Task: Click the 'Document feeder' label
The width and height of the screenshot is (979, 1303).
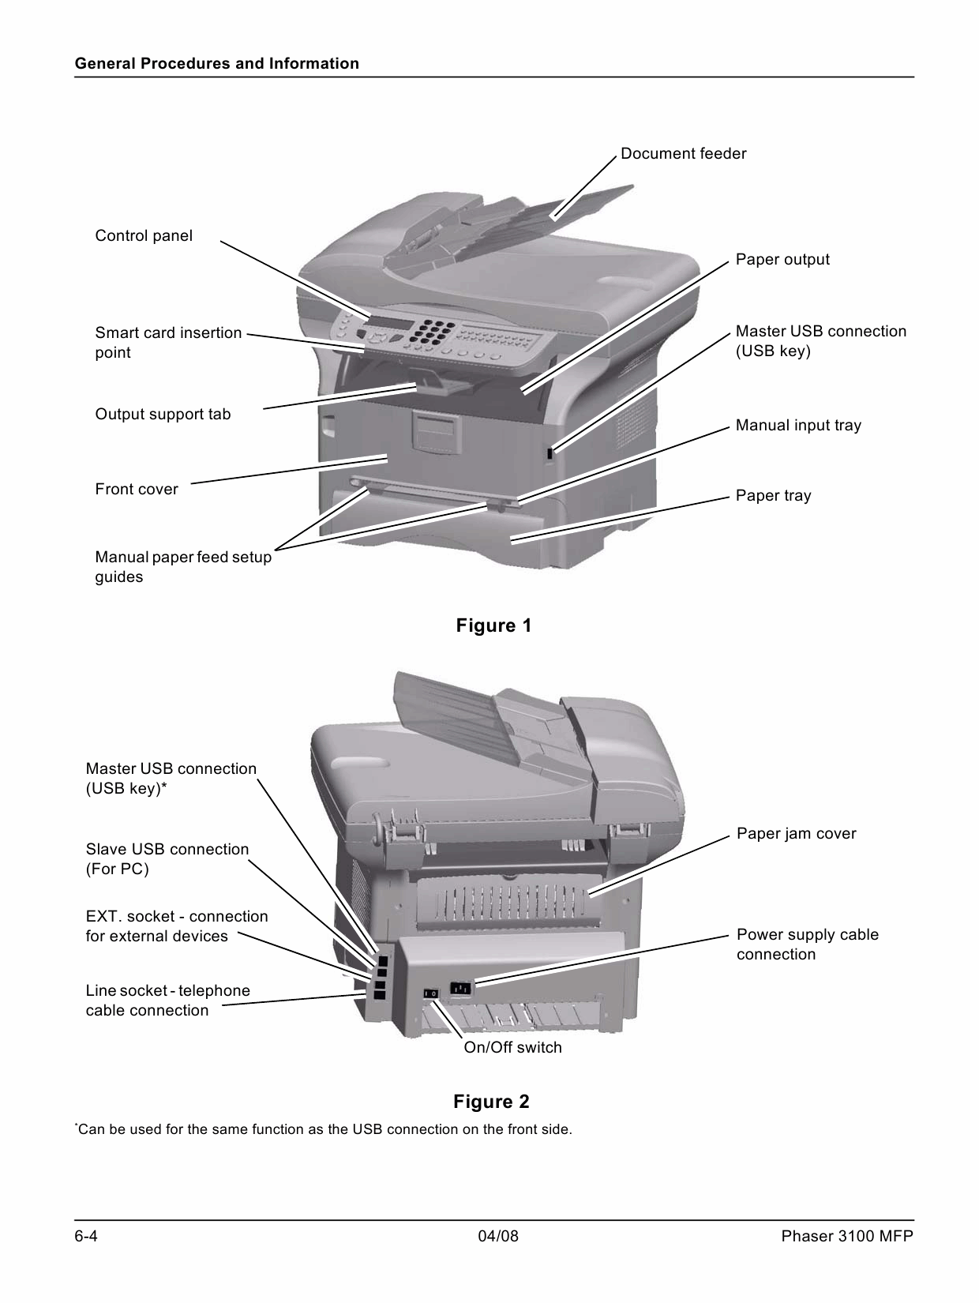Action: [683, 154]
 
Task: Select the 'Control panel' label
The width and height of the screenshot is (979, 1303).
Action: [144, 236]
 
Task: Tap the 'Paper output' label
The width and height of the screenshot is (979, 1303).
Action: [782, 260]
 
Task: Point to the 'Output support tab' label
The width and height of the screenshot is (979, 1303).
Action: [163, 415]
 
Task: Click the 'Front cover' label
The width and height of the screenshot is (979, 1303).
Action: [137, 490]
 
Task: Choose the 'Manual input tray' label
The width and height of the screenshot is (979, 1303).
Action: [798, 426]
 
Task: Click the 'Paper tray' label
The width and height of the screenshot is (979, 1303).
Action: [773, 496]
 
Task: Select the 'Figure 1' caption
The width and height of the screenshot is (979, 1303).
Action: [493, 626]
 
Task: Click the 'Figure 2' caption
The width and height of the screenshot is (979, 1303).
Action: [491, 1102]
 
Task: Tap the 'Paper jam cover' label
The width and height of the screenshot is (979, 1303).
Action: [796, 834]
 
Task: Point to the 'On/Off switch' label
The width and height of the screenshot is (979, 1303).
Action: [512, 1048]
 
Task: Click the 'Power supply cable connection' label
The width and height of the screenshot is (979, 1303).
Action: [807, 944]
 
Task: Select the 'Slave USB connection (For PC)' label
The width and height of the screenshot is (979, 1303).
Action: [167, 859]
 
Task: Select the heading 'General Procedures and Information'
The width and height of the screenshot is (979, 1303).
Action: [217, 64]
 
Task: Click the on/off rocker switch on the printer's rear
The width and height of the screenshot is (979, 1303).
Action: [430, 993]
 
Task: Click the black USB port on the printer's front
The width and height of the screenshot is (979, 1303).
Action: [550, 454]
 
